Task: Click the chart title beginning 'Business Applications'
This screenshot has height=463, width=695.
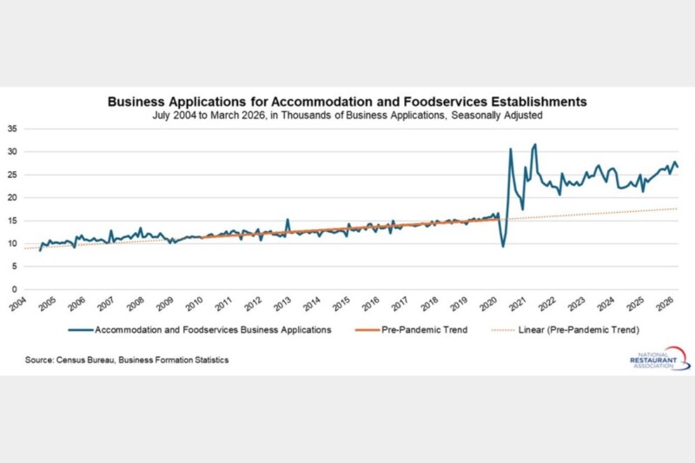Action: (x=347, y=101)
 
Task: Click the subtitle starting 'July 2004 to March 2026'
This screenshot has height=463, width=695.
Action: (x=347, y=114)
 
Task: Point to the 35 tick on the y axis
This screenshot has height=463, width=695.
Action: (x=12, y=129)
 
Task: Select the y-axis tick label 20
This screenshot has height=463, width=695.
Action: (x=12, y=197)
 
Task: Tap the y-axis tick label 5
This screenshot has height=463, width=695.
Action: (x=15, y=267)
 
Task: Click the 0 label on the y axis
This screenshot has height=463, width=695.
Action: (x=15, y=289)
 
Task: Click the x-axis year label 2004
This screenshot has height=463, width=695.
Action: (x=17, y=305)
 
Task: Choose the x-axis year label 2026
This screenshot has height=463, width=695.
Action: (x=665, y=305)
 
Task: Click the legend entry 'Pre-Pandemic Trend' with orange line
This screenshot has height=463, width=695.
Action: (x=418, y=330)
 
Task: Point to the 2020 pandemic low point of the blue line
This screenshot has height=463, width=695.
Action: (x=504, y=247)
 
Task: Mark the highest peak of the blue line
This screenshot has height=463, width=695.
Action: (x=535, y=144)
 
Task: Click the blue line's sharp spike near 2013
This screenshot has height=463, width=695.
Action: (x=288, y=219)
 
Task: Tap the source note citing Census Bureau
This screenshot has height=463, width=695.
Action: (x=121, y=360)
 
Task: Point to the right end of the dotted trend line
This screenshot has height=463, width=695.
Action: (x=677, y=208)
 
